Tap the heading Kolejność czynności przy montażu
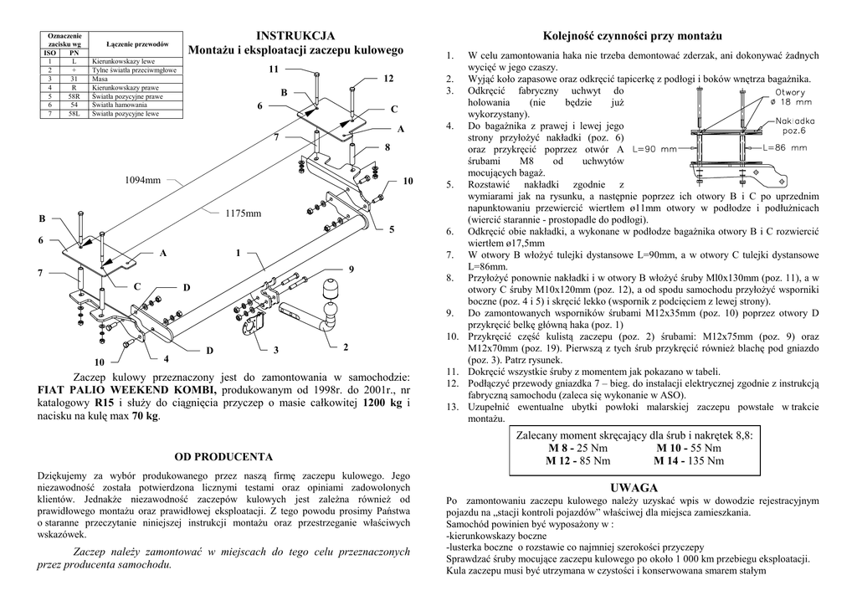(632, 36)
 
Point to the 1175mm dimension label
(244, 213)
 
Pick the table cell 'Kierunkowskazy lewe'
(123, 62)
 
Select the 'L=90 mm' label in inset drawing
(655, 149)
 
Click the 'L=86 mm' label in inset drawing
(786, 147)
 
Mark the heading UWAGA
(634, 487)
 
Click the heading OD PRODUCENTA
(223, 457)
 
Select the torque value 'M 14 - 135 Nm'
(689, 460)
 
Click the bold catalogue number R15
(105, 403)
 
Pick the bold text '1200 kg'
(384, 403)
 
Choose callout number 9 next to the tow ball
(352, 268)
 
